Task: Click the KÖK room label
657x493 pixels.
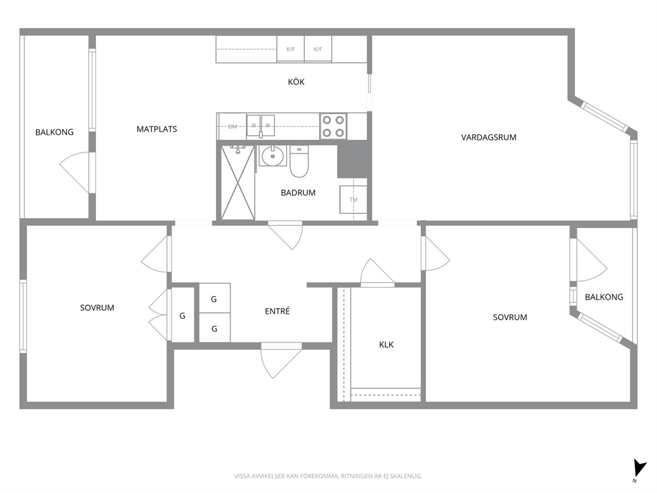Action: coord(296,82)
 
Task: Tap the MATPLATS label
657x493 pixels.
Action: coord(157,129)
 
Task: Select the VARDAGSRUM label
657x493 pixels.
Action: coord(489,137)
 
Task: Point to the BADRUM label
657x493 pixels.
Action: coord(298,193)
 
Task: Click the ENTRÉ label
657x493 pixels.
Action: coord(278,311)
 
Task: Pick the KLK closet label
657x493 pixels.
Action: coord(386,345)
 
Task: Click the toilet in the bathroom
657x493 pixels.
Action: coord(299,162)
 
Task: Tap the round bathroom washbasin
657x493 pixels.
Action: coord(273,156)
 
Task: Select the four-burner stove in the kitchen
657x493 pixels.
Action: coord(334,127)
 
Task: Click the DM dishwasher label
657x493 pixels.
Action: coord(232,127)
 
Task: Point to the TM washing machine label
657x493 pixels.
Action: coord(354,200)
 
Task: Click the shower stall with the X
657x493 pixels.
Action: coord(238,182)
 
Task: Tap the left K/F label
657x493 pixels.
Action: coord(290,49)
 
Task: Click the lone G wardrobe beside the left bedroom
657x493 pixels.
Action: coord(182,315)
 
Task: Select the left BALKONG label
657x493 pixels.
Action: coord(54,132)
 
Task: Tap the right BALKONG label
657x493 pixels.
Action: coord(604,297)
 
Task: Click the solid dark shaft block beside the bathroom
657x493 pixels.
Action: coord(354,159)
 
